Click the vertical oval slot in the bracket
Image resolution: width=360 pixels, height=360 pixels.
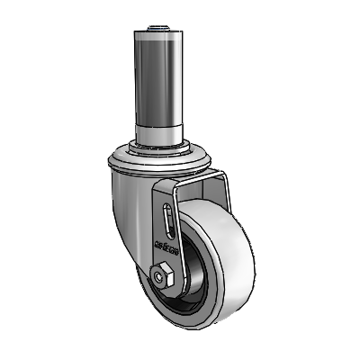[x=168, y=220]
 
